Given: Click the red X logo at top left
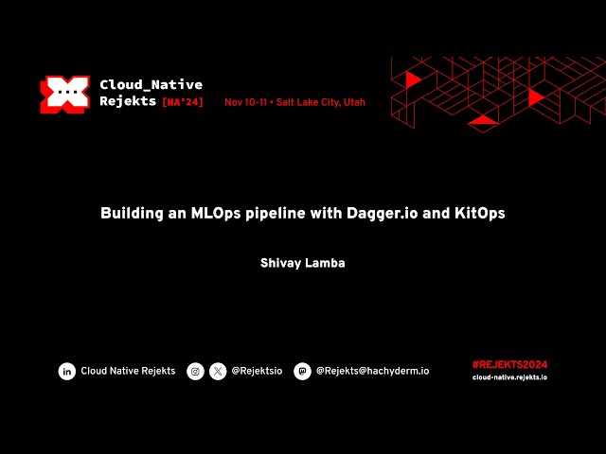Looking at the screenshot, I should (63, 94).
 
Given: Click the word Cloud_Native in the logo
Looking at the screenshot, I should (151, 85).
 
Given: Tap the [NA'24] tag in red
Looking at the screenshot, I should (183, 102).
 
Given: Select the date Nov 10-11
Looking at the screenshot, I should (245, 102).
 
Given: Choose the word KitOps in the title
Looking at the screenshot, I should (479, 214).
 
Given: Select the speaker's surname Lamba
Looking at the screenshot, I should (326, 263).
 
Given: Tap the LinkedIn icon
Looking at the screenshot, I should (67, 372).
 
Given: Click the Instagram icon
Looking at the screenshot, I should (195, 372).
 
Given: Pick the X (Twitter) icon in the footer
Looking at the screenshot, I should (218, 372).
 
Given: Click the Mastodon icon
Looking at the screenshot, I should (302, 372).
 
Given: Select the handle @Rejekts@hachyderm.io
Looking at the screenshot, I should (372, 372).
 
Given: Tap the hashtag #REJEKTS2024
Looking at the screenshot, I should (509, 364).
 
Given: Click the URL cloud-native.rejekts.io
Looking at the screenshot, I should (509, 377).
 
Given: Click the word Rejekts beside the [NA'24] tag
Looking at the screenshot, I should (128, 102).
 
